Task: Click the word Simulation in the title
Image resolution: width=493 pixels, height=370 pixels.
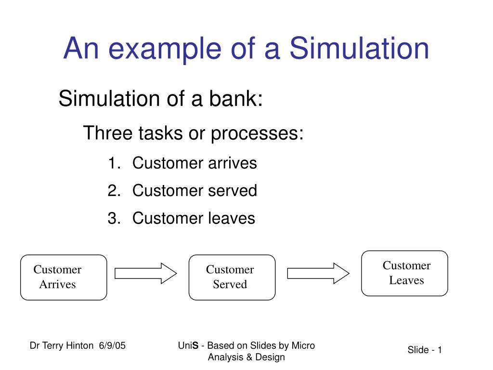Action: tap(359, 49)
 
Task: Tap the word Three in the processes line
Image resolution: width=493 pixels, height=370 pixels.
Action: tap(107, 133)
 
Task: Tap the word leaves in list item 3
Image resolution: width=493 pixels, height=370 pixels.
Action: tap(231, 218)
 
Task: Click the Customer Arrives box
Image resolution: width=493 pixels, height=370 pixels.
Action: tap(64, 277)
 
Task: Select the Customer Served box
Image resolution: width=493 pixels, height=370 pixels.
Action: tap(232, 277)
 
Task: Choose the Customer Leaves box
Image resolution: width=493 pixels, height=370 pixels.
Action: tap(404, 273)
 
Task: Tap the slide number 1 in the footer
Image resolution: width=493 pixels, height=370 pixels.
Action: tap(440, 350)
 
